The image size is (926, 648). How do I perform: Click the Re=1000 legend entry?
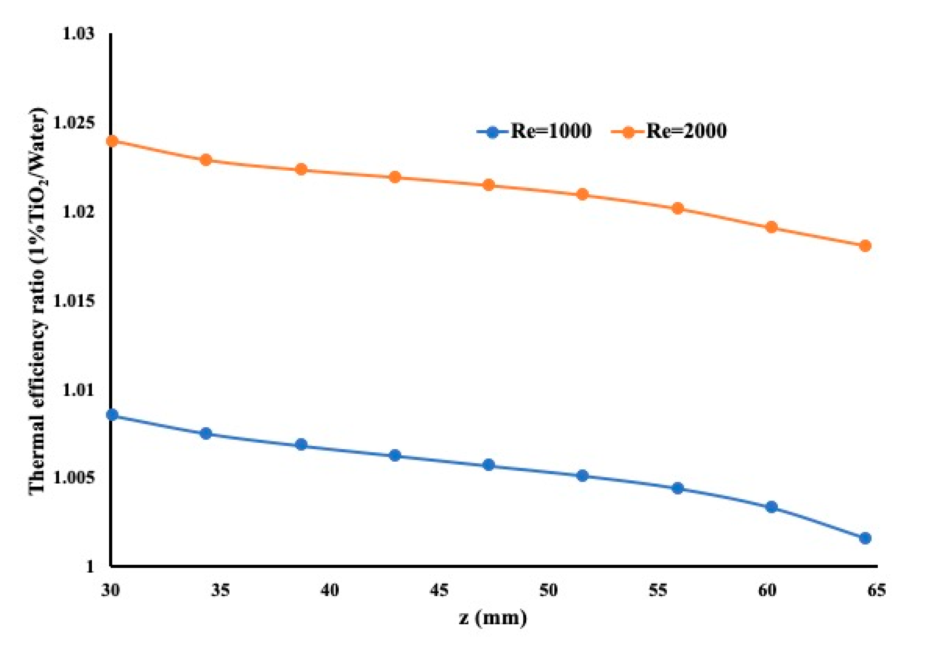coord(534,131)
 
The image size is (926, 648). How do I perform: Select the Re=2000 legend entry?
coord(669,131)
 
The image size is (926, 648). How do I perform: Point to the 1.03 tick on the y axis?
coord(78,34)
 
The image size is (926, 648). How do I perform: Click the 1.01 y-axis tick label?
coord(78,390)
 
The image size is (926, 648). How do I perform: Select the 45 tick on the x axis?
coord(439,590)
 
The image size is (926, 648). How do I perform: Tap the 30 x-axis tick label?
coord(111,590)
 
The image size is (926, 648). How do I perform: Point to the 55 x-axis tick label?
coord(658,590)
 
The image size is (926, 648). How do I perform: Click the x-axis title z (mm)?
coord(493,617)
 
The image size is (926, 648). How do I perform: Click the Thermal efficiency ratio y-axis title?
coord(38,300)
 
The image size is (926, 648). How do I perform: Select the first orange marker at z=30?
coord(112,141)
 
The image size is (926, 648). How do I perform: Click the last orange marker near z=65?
coord(865,246)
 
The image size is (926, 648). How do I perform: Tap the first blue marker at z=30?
coord(112,415)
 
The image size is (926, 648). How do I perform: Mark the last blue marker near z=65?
coord(865,538)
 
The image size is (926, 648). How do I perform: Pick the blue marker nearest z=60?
coord(771,507)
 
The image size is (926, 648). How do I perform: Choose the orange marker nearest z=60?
coord(771,227)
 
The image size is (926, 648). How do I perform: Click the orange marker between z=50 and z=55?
coord(582,194)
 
